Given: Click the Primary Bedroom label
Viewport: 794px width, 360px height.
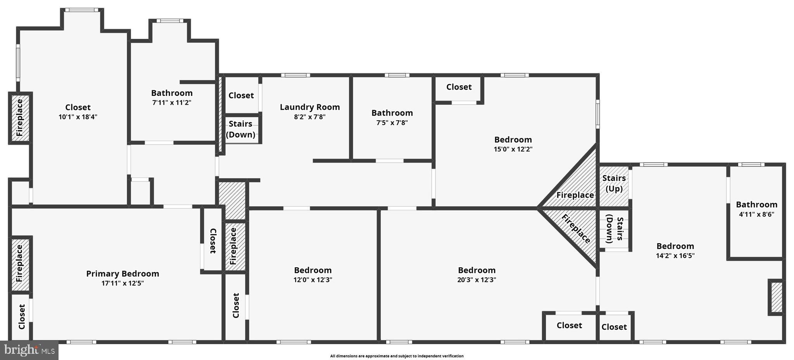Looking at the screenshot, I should [x=123, y=274].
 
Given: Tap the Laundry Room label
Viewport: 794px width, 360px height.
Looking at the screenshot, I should [x=310, y=107].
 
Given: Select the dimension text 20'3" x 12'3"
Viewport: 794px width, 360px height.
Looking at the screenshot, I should [x=476, y=280].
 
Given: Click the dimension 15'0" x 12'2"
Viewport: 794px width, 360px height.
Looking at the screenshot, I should [x=513, y=149].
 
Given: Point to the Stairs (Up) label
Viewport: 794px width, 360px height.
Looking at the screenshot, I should [x=614, y=183].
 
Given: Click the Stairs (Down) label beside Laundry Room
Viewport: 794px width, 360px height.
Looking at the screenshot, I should [x=240, y=129].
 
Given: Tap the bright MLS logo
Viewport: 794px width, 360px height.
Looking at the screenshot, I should [x=29, y=350].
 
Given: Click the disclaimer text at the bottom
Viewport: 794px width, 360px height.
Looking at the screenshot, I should [x=397, y=356].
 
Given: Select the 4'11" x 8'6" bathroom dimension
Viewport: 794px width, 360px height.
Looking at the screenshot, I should [x=756, y=214].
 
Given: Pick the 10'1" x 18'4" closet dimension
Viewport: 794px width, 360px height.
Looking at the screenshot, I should [x=78, y=117].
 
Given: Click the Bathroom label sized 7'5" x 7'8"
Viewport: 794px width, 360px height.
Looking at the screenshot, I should [x=392, y=113].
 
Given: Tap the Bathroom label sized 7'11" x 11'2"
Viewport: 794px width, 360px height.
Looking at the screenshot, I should [x=172, y=93].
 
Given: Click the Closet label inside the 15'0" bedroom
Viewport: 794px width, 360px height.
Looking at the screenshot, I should [x=459, y=87].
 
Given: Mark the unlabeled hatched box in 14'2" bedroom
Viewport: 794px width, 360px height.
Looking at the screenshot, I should [x=776, y=297].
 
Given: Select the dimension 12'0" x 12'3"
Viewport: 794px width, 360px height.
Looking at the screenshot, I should [x=312, y=280].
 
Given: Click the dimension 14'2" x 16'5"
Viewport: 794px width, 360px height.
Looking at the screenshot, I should [x=675, y=256].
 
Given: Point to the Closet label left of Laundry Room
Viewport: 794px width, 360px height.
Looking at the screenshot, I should [x=241, y=95].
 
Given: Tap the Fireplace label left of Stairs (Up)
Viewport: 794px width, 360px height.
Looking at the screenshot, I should [x=575, y=195].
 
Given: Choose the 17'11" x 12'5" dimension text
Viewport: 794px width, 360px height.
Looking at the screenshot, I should [x=123, y=283].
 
